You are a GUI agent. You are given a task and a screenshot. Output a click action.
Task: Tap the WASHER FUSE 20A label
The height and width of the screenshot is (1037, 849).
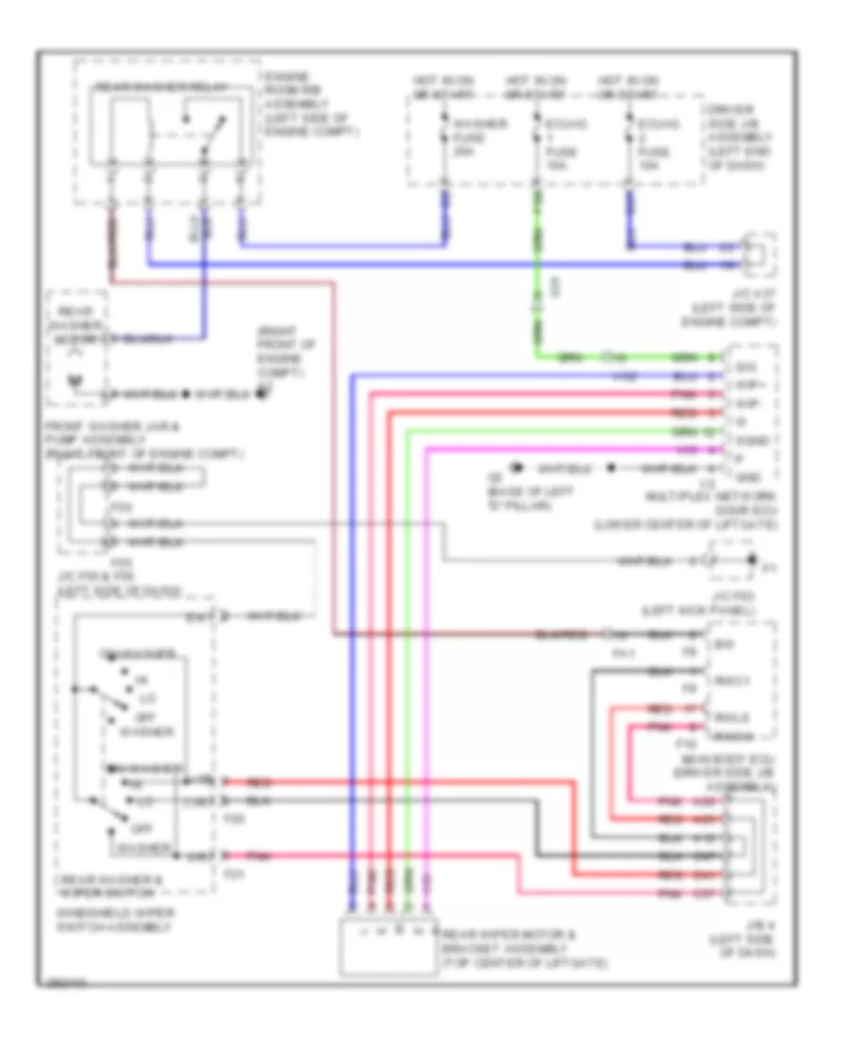coord(467,138)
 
